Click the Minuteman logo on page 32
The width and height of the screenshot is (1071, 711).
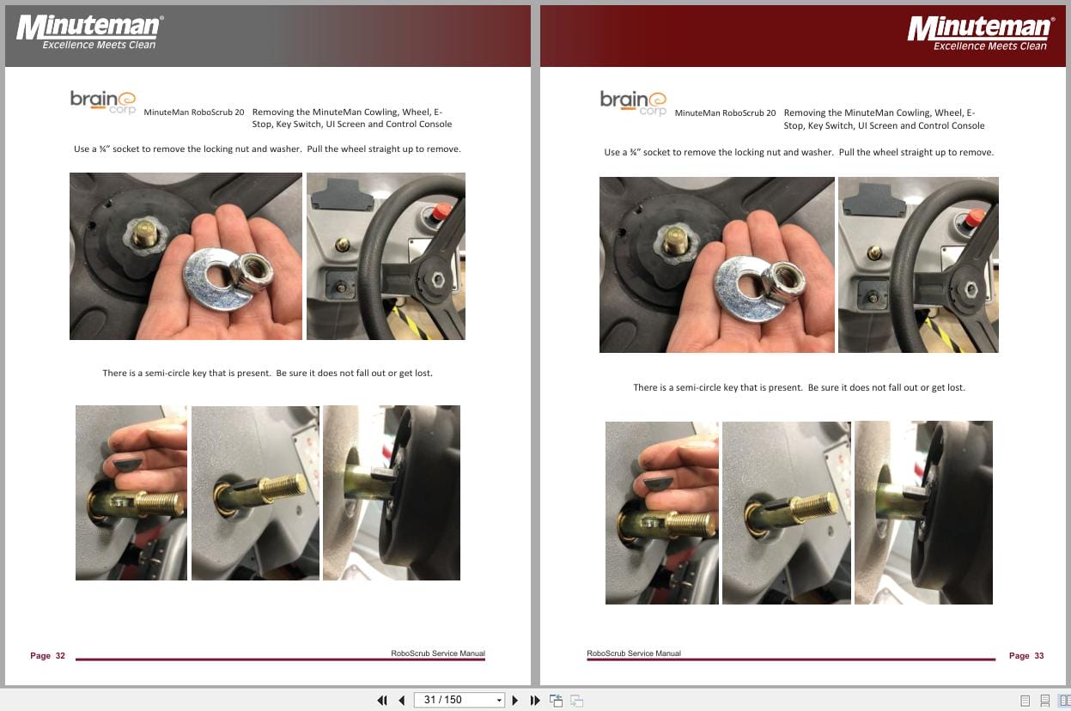click(89, 32)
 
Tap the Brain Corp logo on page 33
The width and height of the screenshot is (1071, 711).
click(633, 102)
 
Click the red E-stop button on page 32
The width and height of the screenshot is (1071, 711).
click(441, 212)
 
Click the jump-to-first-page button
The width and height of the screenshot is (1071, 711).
click(382, 700)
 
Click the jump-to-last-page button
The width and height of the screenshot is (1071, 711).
click(535, 700)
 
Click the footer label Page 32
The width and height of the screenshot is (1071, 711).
click(47, 656)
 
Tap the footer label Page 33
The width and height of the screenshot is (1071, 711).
click(1026, 656)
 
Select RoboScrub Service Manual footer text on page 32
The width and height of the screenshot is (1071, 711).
click(437, 653)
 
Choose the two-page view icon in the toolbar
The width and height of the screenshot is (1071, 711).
click(1064, 700)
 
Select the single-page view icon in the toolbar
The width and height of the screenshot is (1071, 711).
click(1025, 700)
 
